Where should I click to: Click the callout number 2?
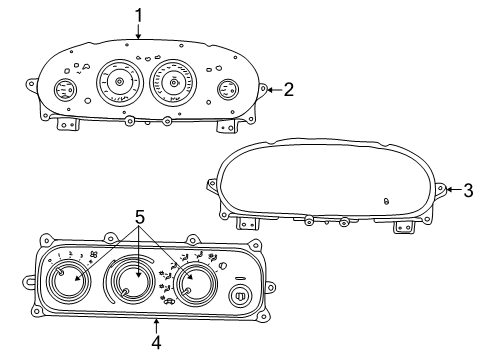(288, 89)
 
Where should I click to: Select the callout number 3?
(468, 189)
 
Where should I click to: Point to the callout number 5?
(140, 215)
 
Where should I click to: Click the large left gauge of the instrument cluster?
(118, 82)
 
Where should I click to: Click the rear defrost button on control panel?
(240, 296)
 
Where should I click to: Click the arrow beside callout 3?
(449, 189)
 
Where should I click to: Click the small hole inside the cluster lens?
(386, 200)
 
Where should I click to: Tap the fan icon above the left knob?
(93, 257)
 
